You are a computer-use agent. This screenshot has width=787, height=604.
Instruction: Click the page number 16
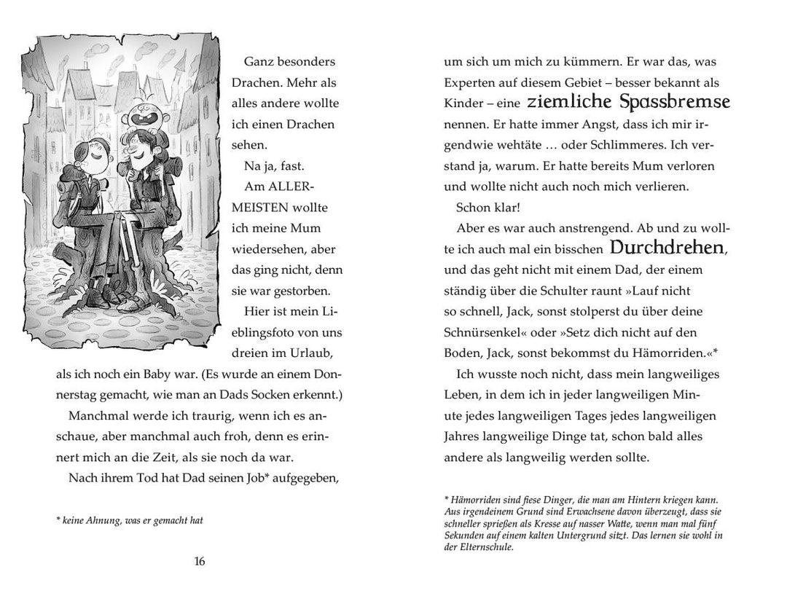point(200,561)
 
